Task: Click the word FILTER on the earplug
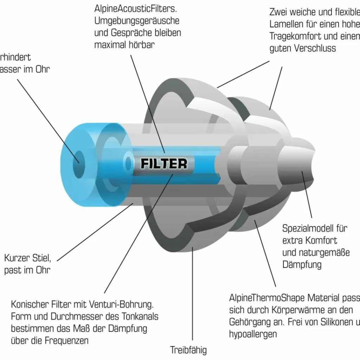pos(164,163)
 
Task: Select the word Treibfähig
pos(188,350)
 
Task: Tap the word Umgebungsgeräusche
pos(137,20)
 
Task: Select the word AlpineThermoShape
pos(268,298)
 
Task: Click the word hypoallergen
pos(253,334)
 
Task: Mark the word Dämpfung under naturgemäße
pos(302,264)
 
